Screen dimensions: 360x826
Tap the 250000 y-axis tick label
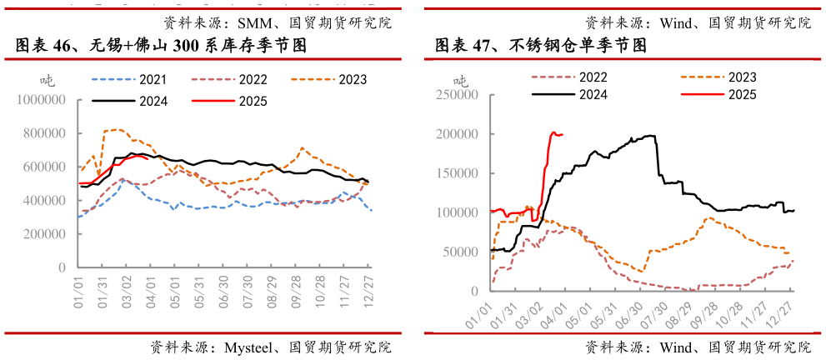455,95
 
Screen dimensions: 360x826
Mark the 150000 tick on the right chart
455,173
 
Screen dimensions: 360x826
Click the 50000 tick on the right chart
458,252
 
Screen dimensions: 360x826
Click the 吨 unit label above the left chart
48,81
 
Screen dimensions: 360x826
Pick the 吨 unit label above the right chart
460,81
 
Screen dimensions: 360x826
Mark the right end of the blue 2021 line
371,210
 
